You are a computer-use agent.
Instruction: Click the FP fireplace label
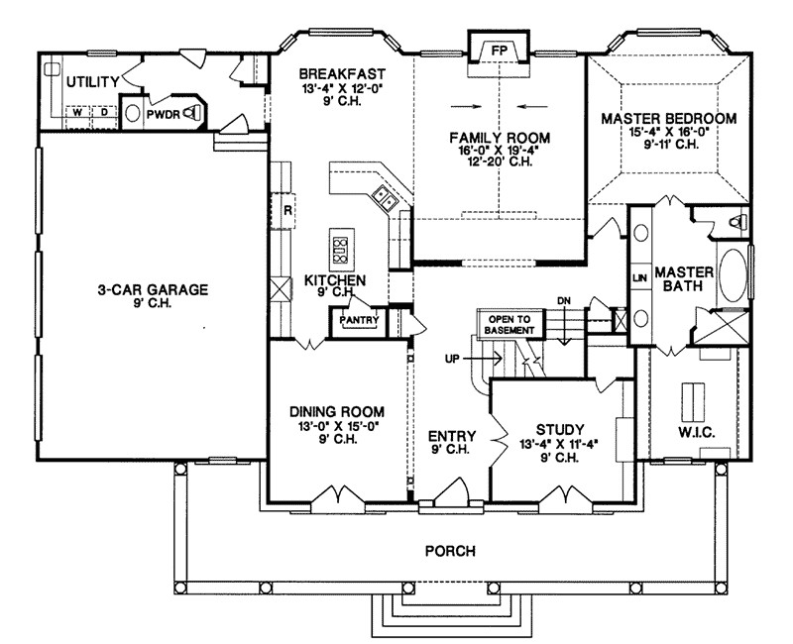tap(499, 51)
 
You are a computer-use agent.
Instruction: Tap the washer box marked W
tap(77, 113)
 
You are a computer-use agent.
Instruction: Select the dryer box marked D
tap(104, 113)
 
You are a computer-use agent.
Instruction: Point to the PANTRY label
tap(359, 320)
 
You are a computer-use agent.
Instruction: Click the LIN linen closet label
tap(640, 278)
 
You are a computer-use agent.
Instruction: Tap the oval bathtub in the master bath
tap(733, 275)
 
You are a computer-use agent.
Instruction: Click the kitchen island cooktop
tap(340, 250)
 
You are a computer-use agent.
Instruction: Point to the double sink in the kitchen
tap(385, 197)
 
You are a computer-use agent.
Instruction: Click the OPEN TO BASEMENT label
tap(510, 325)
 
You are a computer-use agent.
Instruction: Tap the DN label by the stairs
tap(564, 301)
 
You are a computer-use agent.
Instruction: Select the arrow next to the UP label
tap(483, 359)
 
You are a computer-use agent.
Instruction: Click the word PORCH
tap(450, 551)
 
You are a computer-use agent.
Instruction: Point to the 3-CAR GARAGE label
tap(153, 289)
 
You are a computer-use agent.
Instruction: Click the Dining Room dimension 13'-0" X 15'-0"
tap(338, 426)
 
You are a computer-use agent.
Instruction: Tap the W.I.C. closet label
tap(696, 433)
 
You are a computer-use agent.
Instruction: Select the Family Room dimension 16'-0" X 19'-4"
tap(500, 151)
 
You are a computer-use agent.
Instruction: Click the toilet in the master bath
tap(738, 222)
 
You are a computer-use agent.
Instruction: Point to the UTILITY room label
tap(93, 81)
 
